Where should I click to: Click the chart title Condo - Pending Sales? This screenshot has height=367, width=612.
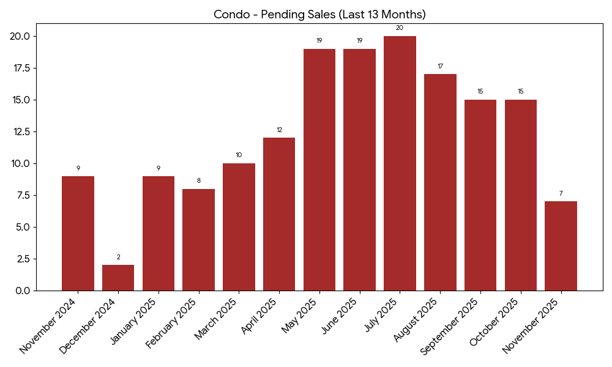tap(319, 14)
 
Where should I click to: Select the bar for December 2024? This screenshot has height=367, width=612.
tap(118, 278)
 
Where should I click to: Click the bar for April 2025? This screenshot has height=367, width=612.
tap(279, 214)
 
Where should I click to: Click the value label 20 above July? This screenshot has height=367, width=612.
tap(400, 28)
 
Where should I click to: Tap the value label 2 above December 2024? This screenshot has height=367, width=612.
tap(118, 257)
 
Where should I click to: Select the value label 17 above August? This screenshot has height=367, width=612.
tap(440, 66)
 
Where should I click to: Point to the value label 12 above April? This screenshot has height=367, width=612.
tap(279, 130)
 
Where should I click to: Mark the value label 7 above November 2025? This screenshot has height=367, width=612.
tap(561, 193)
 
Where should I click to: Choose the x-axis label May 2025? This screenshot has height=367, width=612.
tap(300, 316)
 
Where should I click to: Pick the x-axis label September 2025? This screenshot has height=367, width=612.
tap(450, 326)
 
